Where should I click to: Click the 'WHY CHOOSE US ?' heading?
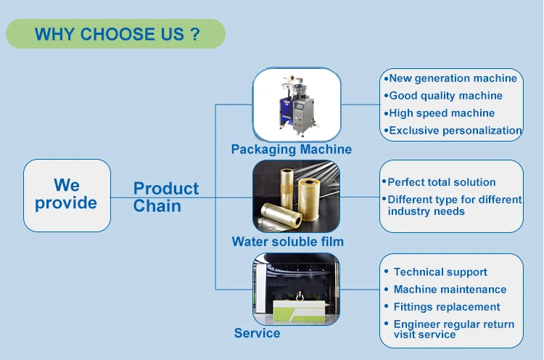click(118, 34)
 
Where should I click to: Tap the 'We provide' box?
click(67, 195)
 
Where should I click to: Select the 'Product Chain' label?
click(166, 197)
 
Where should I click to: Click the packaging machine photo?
click(297, 105)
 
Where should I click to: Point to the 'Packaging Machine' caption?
click(292, 150)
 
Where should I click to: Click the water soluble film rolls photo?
click(296, 196)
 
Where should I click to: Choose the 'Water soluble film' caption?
click(288, 242)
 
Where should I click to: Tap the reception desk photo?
click(296, 289)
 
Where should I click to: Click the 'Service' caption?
click(257, 333)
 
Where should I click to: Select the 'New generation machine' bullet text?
click(453, 78)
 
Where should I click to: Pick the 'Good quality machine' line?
click(446, 96)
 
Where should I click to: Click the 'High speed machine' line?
click(442, 113)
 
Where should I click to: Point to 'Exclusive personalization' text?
click(456, 131)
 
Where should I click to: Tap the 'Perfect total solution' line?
click(441, 182)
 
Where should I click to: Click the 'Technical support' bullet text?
click(440, 272)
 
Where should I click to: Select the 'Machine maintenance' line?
click(450, 290)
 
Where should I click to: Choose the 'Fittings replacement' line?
click(447, 307)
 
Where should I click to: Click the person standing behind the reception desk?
click(300, 296)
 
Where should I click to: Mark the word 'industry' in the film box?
click(408, 211)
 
